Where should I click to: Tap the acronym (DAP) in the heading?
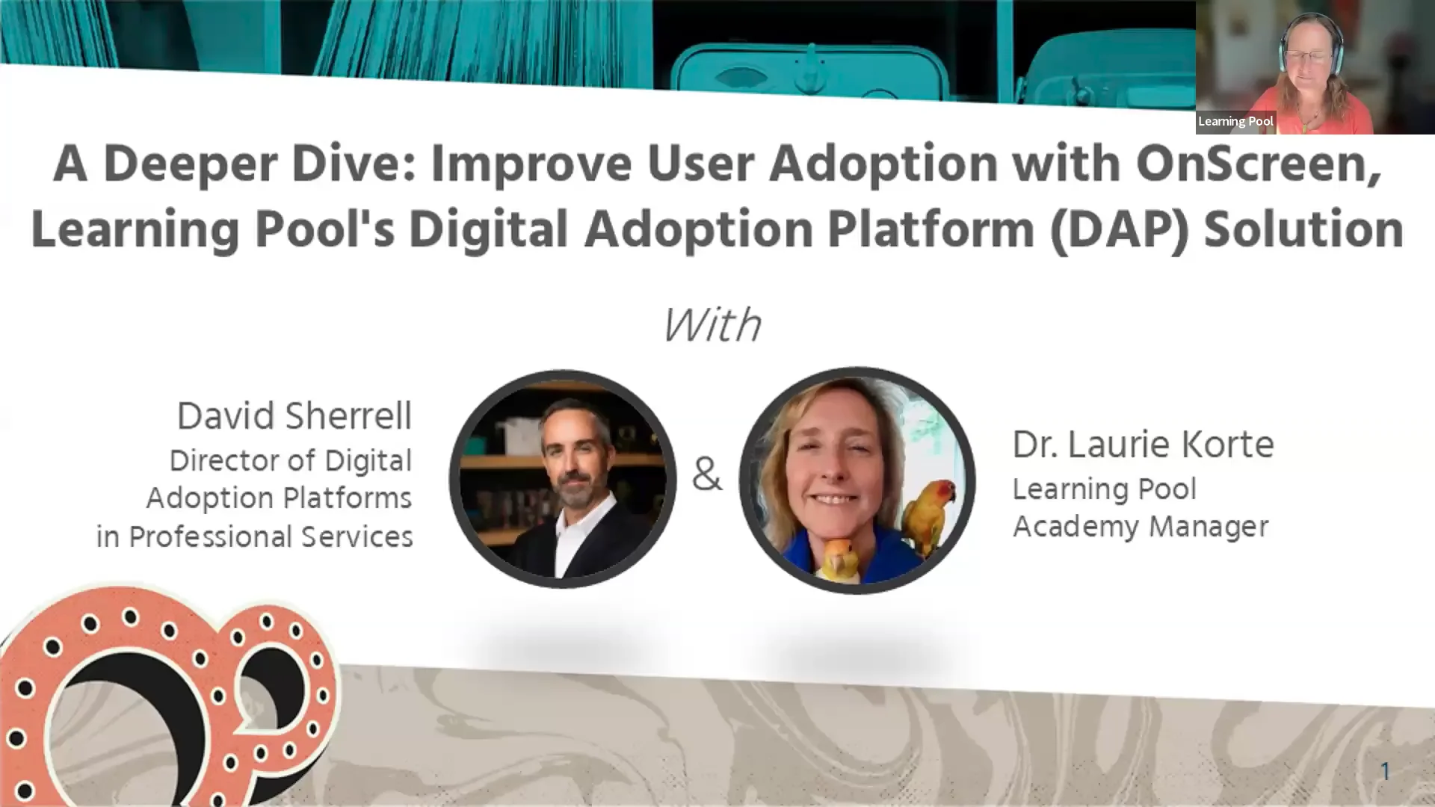point(1118,229)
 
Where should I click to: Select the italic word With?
point(712,325)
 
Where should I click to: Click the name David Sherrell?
point(294,416)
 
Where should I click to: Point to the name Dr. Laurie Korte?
point(1142,445)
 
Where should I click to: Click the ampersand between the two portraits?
point(706,474)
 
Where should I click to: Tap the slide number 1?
point(1384,771)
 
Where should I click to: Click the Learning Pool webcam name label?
point(1235,121)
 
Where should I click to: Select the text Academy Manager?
point(1140,527)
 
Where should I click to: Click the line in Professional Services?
point(254,537)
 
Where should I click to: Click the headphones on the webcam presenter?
point(1284,52)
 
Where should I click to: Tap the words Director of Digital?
point(290,461)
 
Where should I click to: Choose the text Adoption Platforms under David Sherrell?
point(278,498)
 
